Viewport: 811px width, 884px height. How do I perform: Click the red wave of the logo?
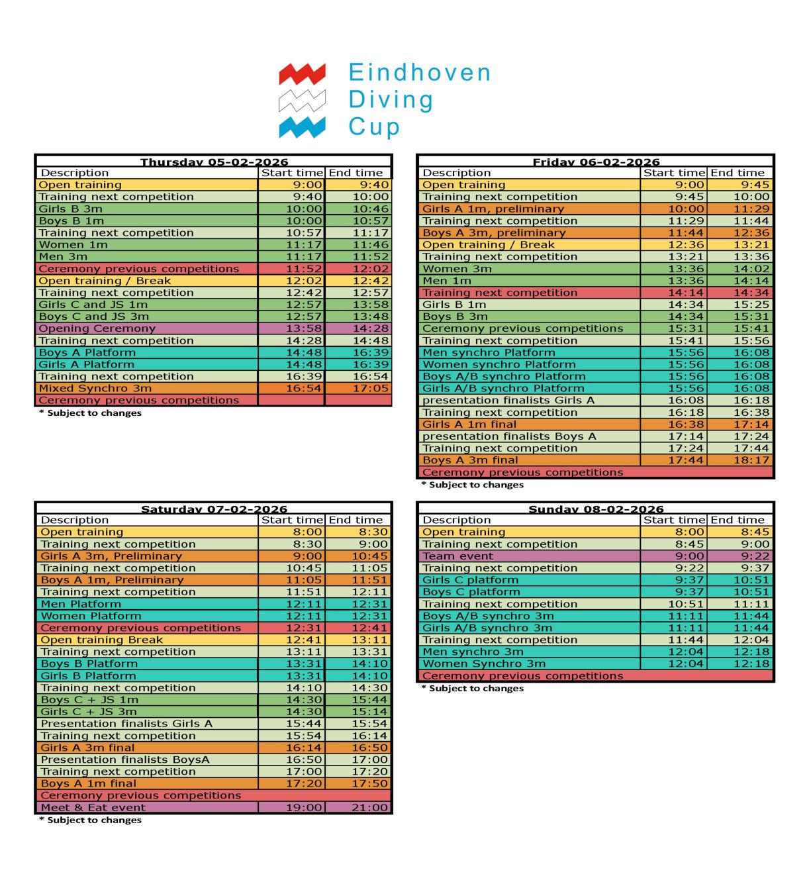pos(302,74)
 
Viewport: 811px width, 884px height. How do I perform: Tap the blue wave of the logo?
pos(302,126)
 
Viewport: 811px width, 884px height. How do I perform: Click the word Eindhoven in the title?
pos(420,73)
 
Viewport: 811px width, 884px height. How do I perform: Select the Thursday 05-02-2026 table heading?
pos(214,162)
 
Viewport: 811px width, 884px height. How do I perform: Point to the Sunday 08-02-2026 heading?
pos(596,509)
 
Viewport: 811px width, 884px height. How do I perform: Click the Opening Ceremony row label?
pos(97,328)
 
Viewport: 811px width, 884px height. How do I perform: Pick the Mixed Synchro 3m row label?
pos(95,389)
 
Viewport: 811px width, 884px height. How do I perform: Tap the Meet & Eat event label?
pos(93,808)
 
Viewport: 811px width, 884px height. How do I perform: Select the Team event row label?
pos(457,556)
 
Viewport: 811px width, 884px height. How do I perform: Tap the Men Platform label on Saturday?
pos(81,604)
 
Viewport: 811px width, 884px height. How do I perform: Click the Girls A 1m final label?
pos(469,424)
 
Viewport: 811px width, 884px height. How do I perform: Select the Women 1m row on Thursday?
pos(73,245)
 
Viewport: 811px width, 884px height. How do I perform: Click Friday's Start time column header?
pos(674,173)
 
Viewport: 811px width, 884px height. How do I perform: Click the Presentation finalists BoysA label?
pos(125,760)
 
